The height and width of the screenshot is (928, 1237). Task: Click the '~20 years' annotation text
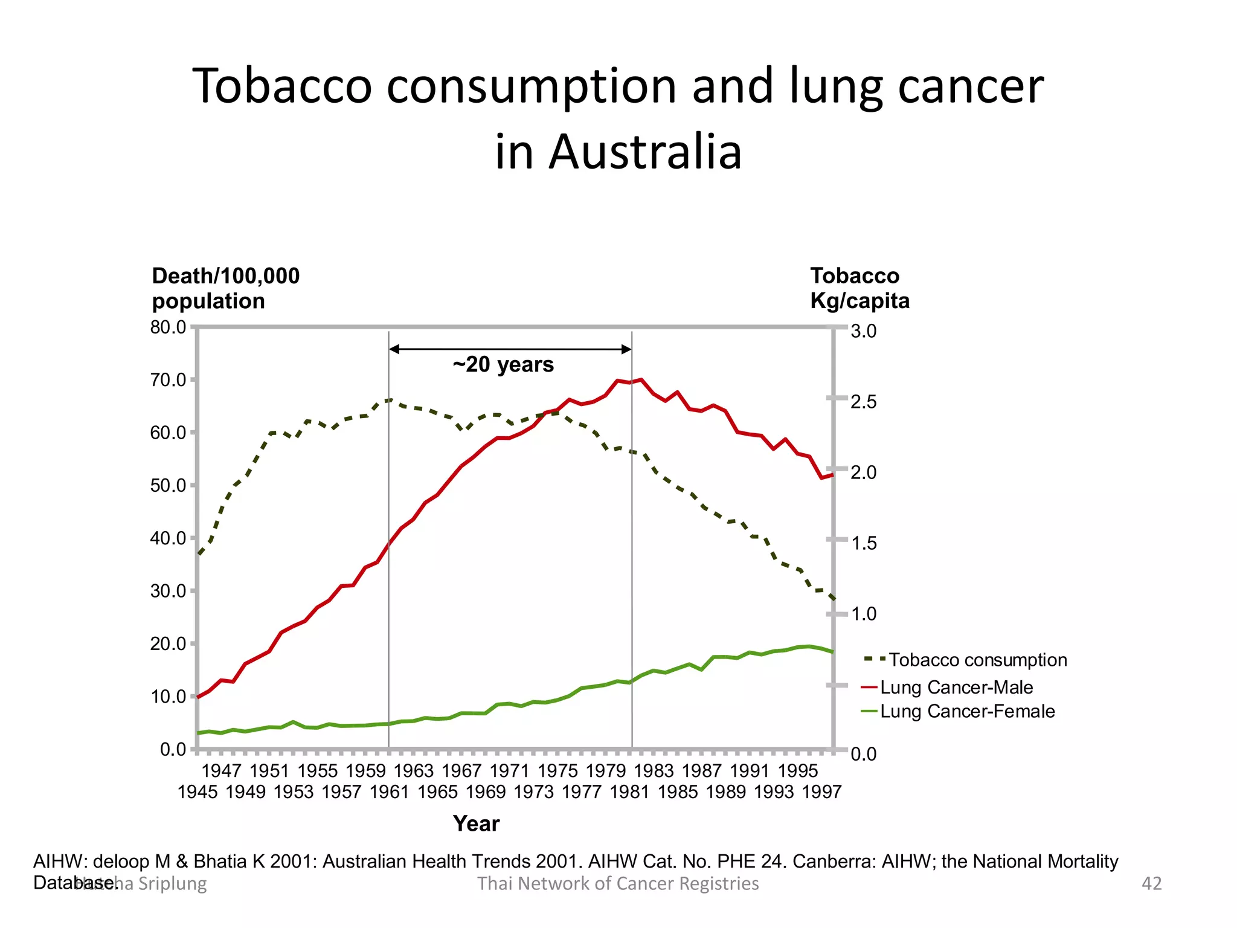pyautogui.click(x=503, y=364)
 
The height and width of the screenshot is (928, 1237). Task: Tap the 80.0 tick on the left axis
pyautogui.click(x=168, y=327)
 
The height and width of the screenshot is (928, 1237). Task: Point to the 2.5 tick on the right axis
pyautogui.click(x=863, y=402)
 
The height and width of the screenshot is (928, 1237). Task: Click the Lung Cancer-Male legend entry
pyautogui.click(x=956, y=688)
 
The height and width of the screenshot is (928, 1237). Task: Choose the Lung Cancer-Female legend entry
pyautogui.click(x=967, y=711)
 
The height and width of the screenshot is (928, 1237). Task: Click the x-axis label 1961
pyautogui.click(x=390, y=792)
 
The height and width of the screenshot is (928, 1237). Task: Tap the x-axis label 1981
pyautogui.click(x=629, y=792)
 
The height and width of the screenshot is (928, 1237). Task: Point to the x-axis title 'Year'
pyautogui.click(x=476, y=823)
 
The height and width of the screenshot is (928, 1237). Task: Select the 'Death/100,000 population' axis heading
pyautogui.click(x=225, y=288)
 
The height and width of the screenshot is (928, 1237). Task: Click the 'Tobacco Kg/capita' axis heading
pyautogui.click(x=859, y=288)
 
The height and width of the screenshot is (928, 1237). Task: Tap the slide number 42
pyautogui.click(x=1151, y=883)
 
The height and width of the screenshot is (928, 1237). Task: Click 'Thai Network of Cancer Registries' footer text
pyautogui.click(x=618, y=883)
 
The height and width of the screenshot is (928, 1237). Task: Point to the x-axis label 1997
pyautogui.click(x=821, y=792)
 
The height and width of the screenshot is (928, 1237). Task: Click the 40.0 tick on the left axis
pyautogui.click(x=168, y=538)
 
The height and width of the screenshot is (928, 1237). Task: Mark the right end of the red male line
pyautogui.click(x=832, y=475)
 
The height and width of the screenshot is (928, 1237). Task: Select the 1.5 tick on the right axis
pyautogui.click(x=863, y=543)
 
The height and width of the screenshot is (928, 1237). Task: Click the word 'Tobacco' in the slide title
pyautogui.click(x=282, y=86)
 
